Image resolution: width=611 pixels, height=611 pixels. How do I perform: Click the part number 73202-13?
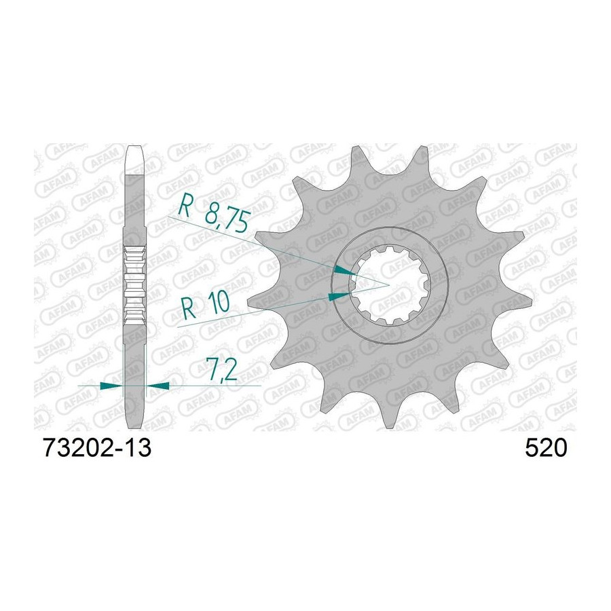pos(97,448)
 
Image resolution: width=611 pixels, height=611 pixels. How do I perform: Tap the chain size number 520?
pos(546,448)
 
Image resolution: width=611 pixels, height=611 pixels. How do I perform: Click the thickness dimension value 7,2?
pos(222,371)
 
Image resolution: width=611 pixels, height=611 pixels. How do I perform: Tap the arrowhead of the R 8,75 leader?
pos(346,271)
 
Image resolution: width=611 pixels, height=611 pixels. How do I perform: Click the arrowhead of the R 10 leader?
pos(339,297)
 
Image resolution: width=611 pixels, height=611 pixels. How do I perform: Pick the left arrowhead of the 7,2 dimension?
pos(111,386)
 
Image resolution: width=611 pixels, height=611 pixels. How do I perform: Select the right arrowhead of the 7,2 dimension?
pos(158,386)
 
